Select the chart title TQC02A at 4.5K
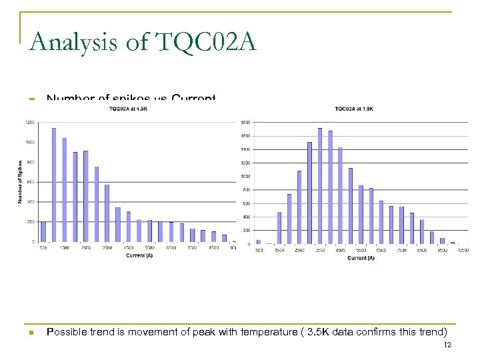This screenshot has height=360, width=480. (129, 109)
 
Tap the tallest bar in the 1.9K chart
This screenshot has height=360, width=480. (320, 186)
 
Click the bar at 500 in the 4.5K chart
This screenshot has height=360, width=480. (43, 231)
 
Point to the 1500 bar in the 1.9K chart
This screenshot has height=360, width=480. (279, 228)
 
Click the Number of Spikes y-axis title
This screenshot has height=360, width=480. (21, 182)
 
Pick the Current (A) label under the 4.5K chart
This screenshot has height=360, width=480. (139, 255)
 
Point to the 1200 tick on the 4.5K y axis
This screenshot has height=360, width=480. (31, 123)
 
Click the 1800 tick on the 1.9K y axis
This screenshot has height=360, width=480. (245, 123)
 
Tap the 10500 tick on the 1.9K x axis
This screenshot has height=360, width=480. (461, 251)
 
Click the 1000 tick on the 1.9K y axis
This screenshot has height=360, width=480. (245, 177)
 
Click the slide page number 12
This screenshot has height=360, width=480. (447, 344)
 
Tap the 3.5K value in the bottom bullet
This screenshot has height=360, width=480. (315, 332)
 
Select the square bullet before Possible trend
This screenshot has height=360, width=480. (31, 332)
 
